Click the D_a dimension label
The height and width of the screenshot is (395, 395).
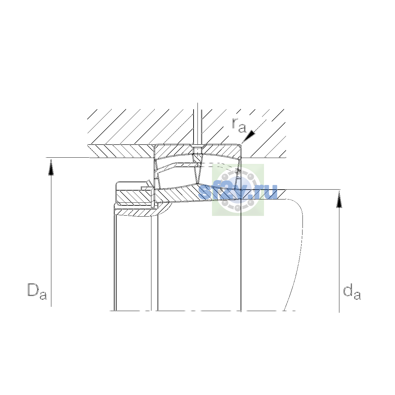coord(37,292)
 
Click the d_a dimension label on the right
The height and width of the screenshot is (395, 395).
coord(352,292)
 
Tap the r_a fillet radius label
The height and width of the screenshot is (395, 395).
coord(239,125)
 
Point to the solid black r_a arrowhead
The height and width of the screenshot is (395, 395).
coord(249,136)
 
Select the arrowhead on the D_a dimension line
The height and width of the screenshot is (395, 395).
coord(51,167)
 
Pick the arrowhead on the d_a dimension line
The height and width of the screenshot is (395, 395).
coord(339,199)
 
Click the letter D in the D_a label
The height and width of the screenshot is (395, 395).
coord(33,290)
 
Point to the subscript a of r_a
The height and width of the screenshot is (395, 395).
coord(242,128)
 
